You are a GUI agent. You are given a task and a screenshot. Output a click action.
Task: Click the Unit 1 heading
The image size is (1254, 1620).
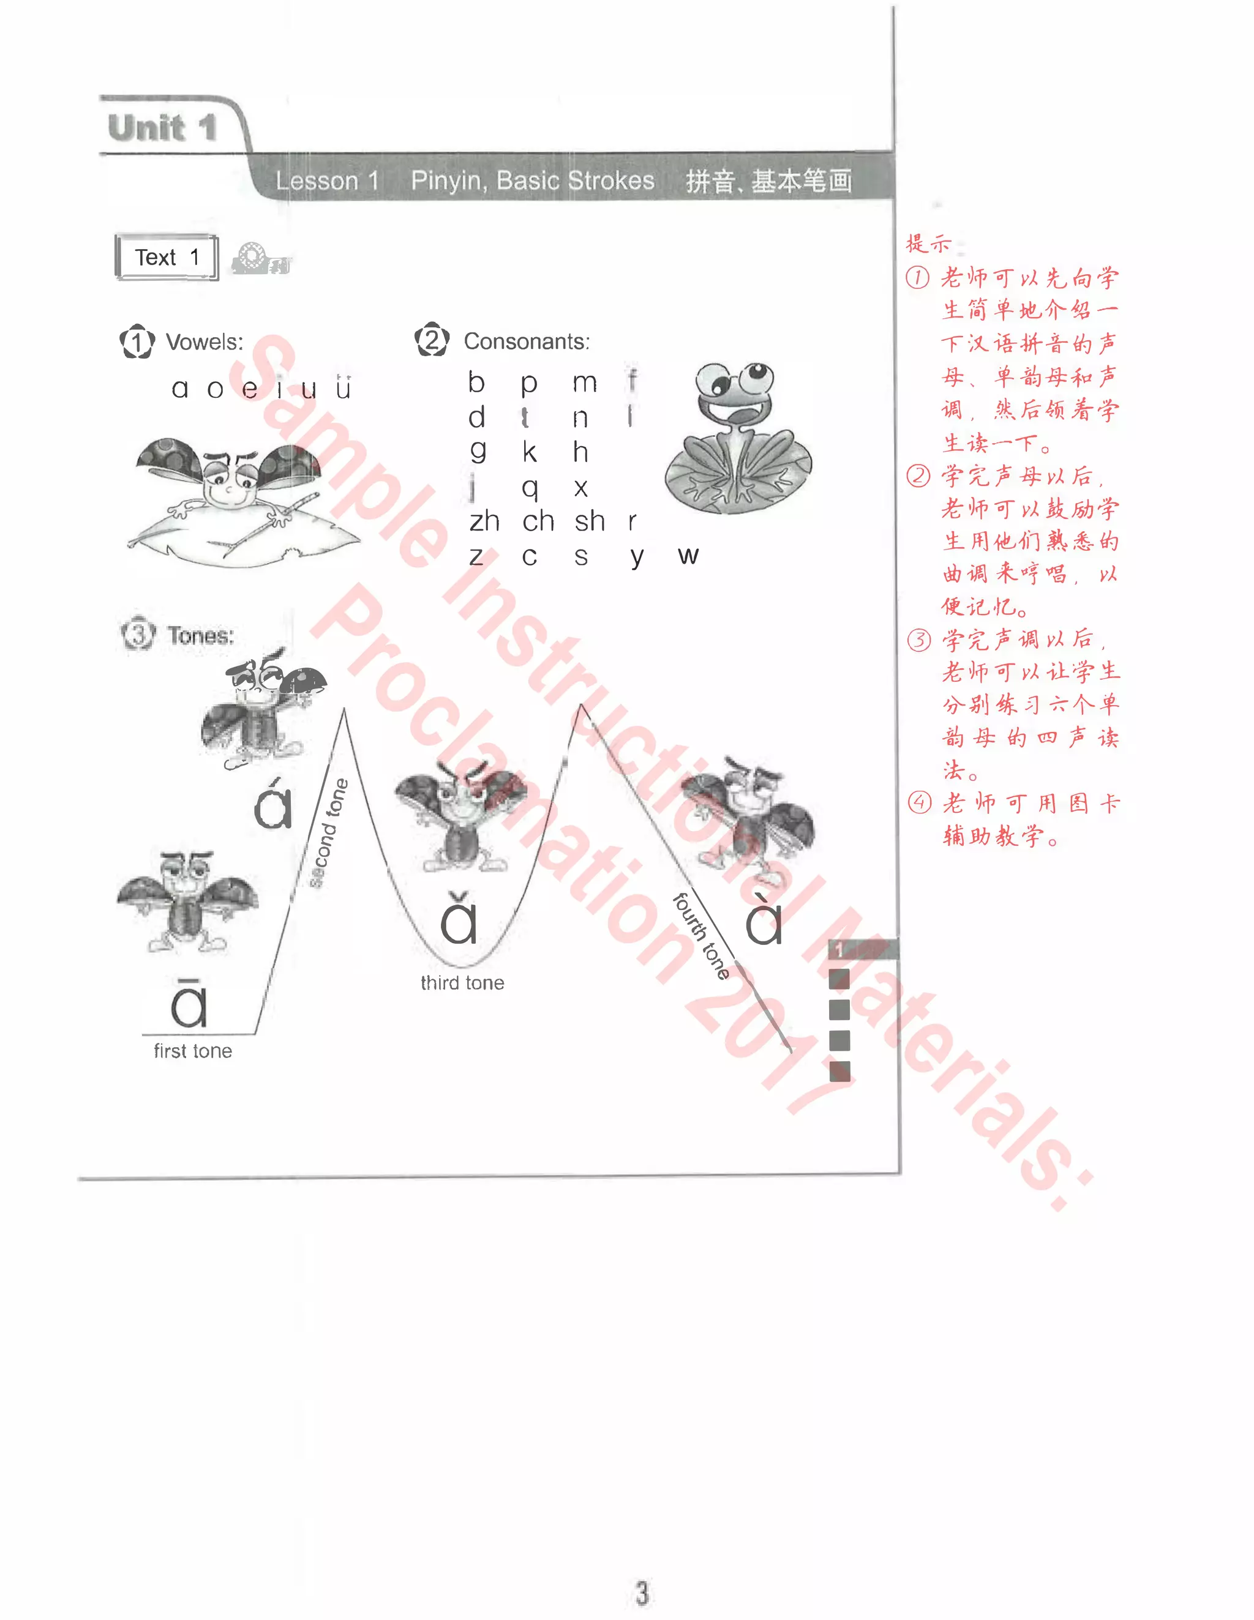click(x=162, y=127)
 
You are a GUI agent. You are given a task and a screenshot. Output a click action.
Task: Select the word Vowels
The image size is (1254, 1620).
click(x=204, y=342)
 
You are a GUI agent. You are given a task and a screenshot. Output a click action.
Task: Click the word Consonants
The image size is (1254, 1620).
click(x=526, y=342)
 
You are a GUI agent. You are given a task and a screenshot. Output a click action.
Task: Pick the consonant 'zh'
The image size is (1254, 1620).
click(x=484, y=521)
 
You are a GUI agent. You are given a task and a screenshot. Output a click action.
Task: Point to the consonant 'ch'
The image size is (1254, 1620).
click(x=538, y=521)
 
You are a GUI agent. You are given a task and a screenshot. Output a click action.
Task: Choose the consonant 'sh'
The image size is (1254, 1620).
click(x=590, y=521)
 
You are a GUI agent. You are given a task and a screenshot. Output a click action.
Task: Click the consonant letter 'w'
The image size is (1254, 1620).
click(x=688, y=555)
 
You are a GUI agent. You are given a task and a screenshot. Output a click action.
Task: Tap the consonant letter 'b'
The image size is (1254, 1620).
click(x=476, y=382)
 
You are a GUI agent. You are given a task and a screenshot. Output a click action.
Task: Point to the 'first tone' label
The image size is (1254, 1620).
click(x=193, y=1051)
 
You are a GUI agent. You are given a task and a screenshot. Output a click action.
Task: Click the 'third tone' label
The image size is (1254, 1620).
click(x=462, y=983)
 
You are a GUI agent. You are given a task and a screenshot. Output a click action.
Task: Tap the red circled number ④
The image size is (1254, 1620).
click(x=919, y=802)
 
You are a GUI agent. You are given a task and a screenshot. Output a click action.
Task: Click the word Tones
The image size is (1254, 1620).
click(x=200, y=636)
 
